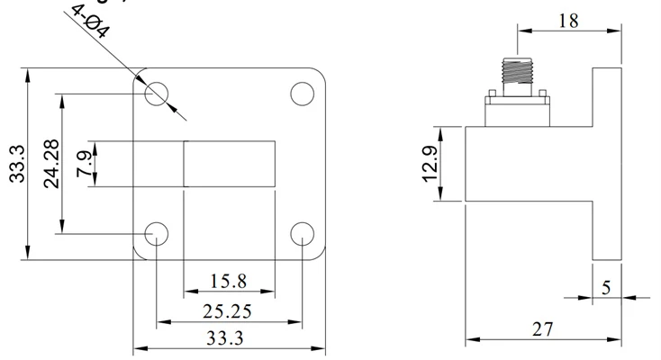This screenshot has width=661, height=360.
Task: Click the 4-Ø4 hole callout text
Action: click(x=91, y=21)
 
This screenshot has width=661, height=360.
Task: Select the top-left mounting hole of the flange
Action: click(x=157, y=94)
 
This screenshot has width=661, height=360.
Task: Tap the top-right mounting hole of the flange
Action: click(x=303, y=94)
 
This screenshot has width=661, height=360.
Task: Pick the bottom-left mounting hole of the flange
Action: click(x=157, y=233)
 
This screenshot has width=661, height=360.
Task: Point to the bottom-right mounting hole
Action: click(x=303, y=233)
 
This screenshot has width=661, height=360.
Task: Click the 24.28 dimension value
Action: click(x=52, y=164)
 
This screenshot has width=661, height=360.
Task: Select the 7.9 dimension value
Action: click(x=84, y=164)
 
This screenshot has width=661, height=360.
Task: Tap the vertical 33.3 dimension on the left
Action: click(x=17, y=164)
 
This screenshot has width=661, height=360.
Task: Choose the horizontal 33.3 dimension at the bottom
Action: click(x=225, y=338)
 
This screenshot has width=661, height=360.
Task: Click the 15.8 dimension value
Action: click(x=228, y=281)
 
